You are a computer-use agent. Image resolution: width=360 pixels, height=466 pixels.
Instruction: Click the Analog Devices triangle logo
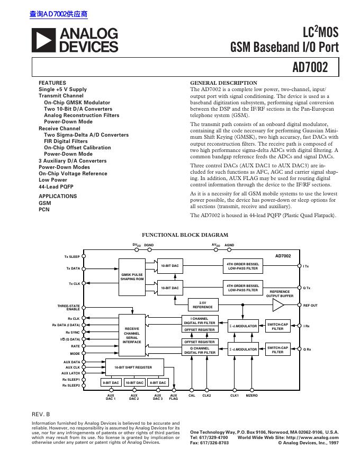point(43,40)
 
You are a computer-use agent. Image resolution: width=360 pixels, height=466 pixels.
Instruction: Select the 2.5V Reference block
point(203,305)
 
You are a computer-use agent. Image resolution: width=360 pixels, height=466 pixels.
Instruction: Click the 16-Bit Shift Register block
point(133,367)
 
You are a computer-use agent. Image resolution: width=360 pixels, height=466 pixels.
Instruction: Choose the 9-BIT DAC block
point(111,382)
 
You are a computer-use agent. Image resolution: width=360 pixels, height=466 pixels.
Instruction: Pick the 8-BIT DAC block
point(157,382)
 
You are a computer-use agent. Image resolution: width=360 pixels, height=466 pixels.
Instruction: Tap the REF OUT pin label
point(310,306)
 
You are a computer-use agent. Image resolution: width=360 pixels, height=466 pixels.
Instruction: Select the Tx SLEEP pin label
point(72,256)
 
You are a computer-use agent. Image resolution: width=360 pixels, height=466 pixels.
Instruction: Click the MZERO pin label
point(252,395)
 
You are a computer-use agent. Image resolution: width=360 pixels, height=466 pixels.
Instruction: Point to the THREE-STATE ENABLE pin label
point(69,307)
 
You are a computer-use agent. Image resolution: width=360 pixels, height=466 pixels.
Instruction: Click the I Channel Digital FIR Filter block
point(199,320)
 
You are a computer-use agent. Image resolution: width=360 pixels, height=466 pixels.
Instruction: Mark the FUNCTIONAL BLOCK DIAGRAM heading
point(185,235)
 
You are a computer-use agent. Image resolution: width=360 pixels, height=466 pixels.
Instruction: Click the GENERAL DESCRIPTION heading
point(223,83)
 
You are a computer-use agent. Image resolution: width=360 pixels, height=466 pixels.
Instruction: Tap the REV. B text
point(41,413)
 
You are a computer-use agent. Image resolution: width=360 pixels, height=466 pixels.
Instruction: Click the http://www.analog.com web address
point(312,438)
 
